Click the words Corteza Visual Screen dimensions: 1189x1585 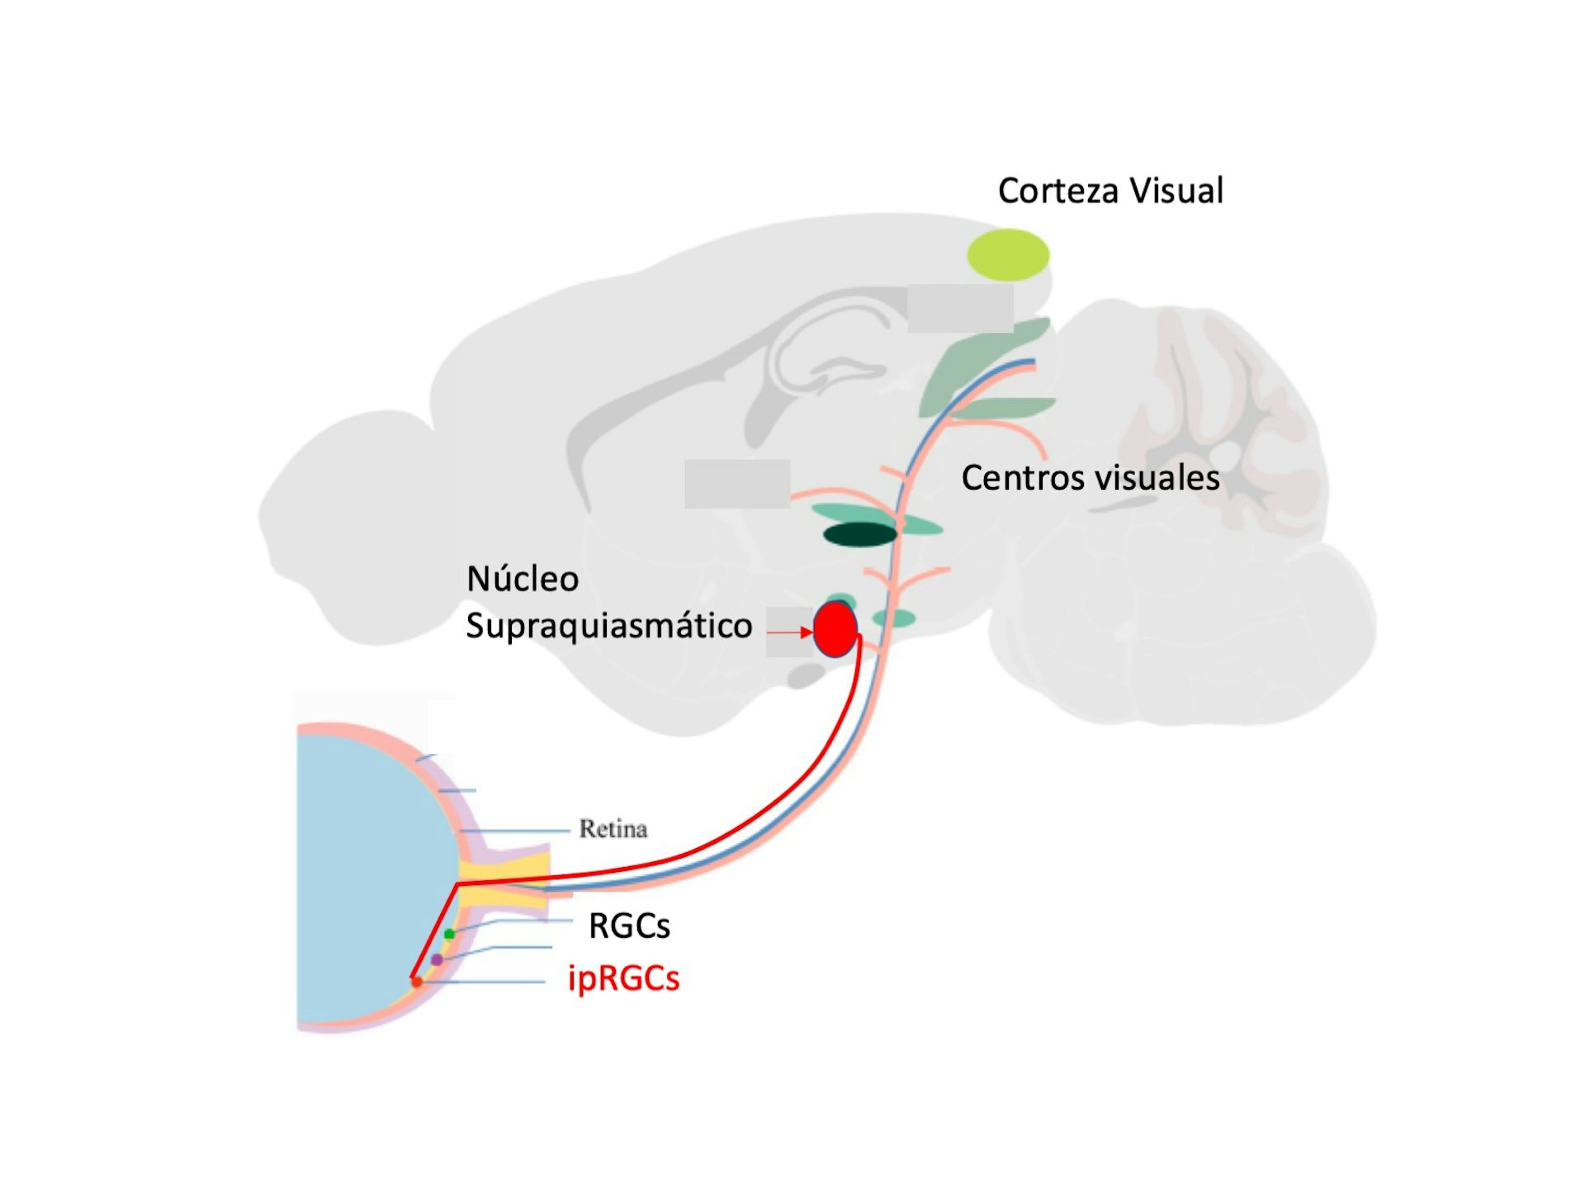coord(1109,191)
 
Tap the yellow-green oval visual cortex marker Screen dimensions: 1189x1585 coord(1008,254)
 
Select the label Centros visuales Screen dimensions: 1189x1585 coord(1090,478)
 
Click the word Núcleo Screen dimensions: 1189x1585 coord(523,579)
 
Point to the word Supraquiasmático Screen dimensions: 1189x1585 coord(608,626)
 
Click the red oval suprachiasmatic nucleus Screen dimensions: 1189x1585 coord(835,629)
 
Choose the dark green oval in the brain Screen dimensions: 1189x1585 coord(859,534)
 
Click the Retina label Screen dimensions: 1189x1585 coord(613,828)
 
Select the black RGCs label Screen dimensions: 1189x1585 coord(629,926)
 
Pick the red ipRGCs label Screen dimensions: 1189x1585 coord(623,978)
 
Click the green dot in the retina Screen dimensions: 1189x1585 coord(449,934)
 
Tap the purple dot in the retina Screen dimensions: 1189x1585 coord(437,959)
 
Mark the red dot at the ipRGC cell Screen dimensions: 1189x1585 coord(417,982)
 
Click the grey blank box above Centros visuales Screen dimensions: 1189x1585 coord(960,308)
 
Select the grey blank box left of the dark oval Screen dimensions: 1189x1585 coord(736,484)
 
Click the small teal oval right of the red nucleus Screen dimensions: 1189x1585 coord(895,618)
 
